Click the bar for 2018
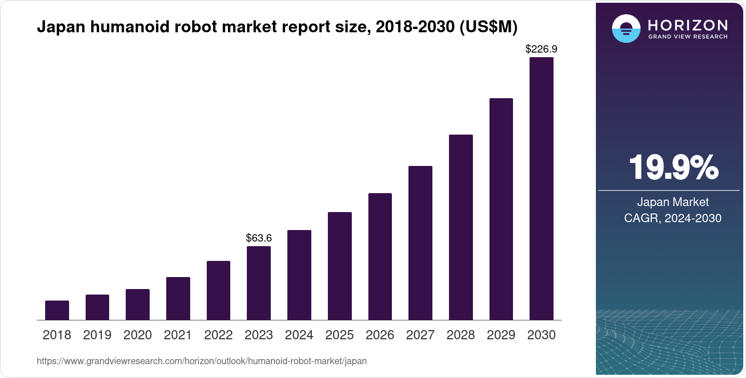[57, 310]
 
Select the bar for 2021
[178, 299]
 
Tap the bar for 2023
[259, 283]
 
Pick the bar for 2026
[380, 257]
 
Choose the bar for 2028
[461, 227]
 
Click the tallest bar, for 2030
[542, 189]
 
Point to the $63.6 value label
[259, 238]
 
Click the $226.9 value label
[541, 49]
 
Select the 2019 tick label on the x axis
[97, 335]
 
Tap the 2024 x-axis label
[299, 335]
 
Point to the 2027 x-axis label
[420, 335]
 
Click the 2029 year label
[501, 335]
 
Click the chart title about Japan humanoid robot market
[277, 27]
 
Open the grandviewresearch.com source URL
[202, 361]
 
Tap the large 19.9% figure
[674, 167]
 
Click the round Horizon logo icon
[626, 29]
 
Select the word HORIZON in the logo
[688, 25]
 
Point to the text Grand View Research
[688, 37]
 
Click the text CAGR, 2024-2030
[673, 219]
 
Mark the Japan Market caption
[673, 202]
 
